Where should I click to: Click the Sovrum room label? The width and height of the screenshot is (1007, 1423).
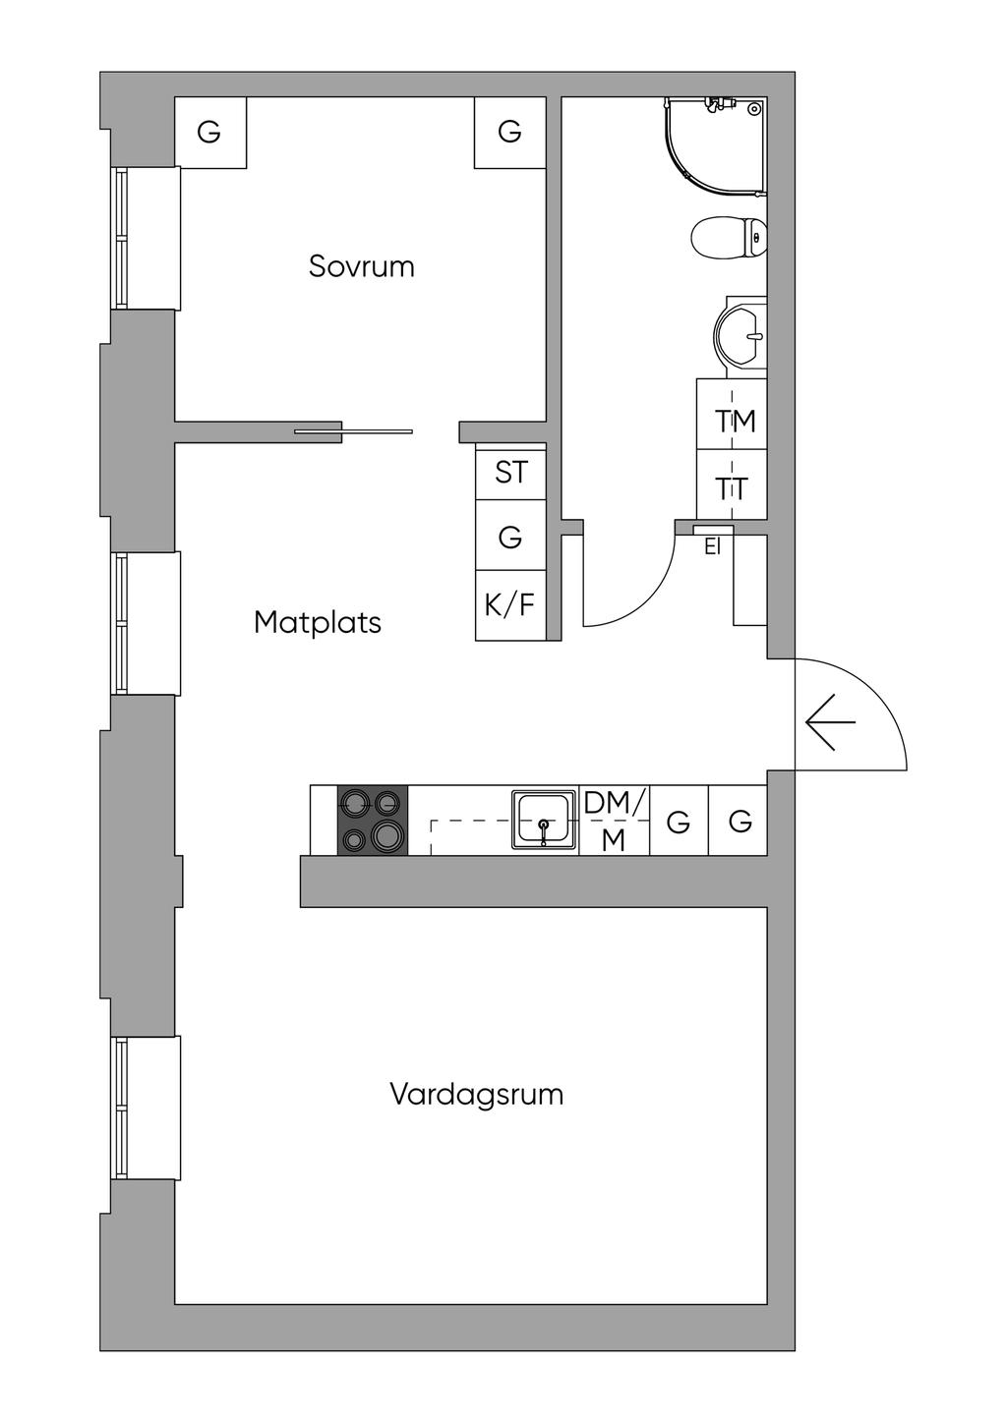click(361, 266)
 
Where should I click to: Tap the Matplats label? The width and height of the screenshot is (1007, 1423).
click(317, 622)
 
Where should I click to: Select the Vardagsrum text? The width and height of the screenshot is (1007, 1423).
click(476, 1094)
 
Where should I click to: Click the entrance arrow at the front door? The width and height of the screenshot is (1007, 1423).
click(830, 722)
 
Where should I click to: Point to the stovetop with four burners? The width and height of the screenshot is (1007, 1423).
click(373, 820)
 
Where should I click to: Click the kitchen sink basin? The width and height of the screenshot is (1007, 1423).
click(543, 819)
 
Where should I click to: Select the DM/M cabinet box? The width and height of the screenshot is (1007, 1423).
click(614, 821)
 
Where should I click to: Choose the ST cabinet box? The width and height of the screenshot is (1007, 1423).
click(510, 473)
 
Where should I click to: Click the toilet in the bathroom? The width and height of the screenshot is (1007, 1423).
click(729, 237)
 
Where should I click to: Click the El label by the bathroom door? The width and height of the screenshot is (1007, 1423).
click(712, 547)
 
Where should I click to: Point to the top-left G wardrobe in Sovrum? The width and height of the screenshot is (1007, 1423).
click(209, 132)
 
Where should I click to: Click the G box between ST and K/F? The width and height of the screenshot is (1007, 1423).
click(510, 537)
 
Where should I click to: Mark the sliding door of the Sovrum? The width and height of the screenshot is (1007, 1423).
click(354, 430)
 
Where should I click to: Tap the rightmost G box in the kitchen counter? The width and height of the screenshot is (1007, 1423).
click(740, 821)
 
